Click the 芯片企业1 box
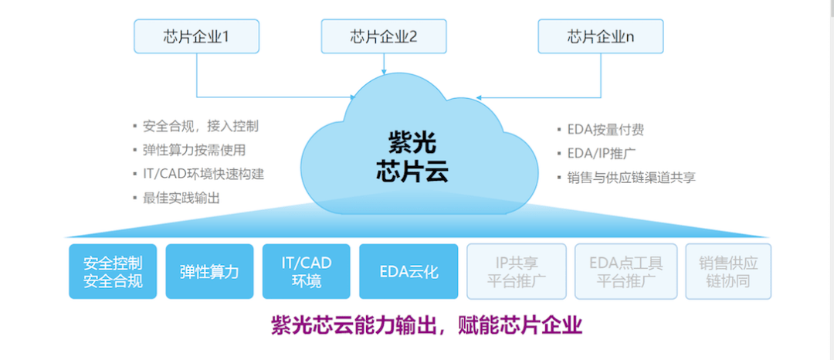[x=196, y=36]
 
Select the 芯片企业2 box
[x=383, y=36]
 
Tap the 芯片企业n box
[x=600, y=36]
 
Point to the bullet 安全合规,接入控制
[x=201, y=126]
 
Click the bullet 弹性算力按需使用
[x=194, y=150]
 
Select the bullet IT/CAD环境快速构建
[x=203, y=174]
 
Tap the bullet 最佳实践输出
[x=181, y=198]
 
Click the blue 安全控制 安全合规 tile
[x=113, y=271]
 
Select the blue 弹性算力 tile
[x=209, y=271]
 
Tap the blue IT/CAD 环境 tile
[x=306, y=271]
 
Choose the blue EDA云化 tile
[x=409, y=271]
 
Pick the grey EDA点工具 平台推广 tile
[x=625, y=271]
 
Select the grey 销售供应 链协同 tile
[x=728, y=271]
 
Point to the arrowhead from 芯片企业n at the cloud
[x=479, y=97]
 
